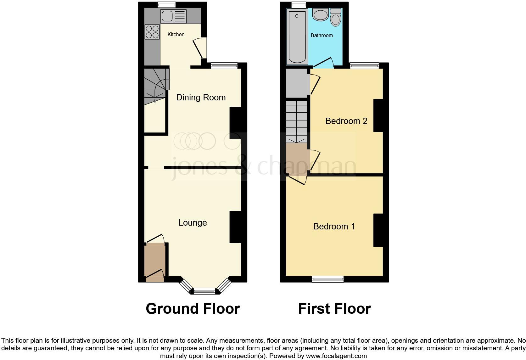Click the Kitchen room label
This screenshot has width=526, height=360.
(176, 34)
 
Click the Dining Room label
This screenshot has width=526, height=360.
(201, 98)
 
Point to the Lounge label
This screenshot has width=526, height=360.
(193, 223)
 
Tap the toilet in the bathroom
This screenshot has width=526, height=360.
(336, 18)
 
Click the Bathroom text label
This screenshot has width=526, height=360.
(322, 36)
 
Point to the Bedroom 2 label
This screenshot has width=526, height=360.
(346, 121)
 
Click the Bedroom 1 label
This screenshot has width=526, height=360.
(334, 227)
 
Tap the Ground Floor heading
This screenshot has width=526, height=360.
(193, 309)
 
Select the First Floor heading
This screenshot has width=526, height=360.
(334, 309)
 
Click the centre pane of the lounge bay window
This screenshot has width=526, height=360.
(204, 291)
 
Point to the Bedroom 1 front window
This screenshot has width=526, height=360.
(327, 278)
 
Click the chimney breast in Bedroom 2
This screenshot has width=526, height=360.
(378, 115)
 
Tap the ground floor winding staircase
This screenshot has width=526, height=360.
(156, 84)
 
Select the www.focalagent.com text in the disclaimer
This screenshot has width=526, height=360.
(336, 356)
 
